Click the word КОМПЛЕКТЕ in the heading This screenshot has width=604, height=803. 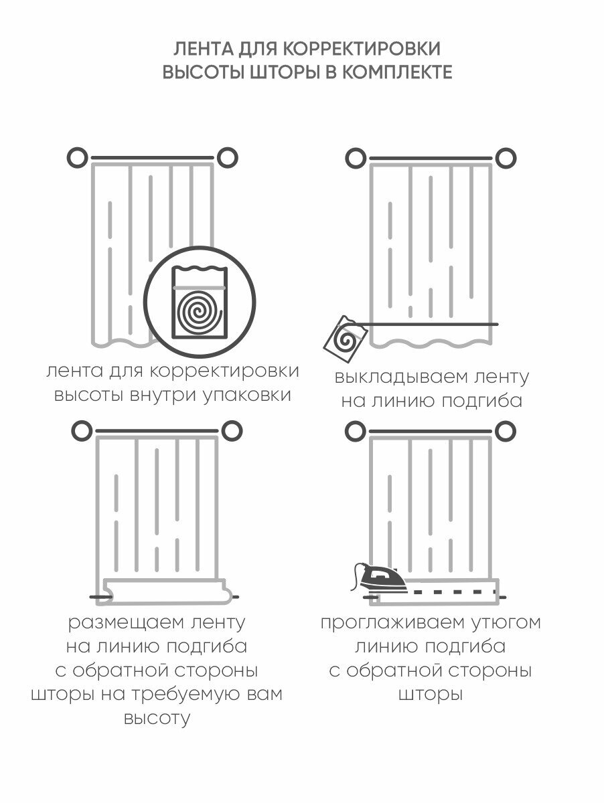[x=396, y=72]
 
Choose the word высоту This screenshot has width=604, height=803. [x=157, y=719]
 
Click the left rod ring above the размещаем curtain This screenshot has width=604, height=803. [x=81, y=430]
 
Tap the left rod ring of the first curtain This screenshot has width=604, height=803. [x=78, y=158]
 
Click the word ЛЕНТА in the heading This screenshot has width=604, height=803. [x=199, y=49]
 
